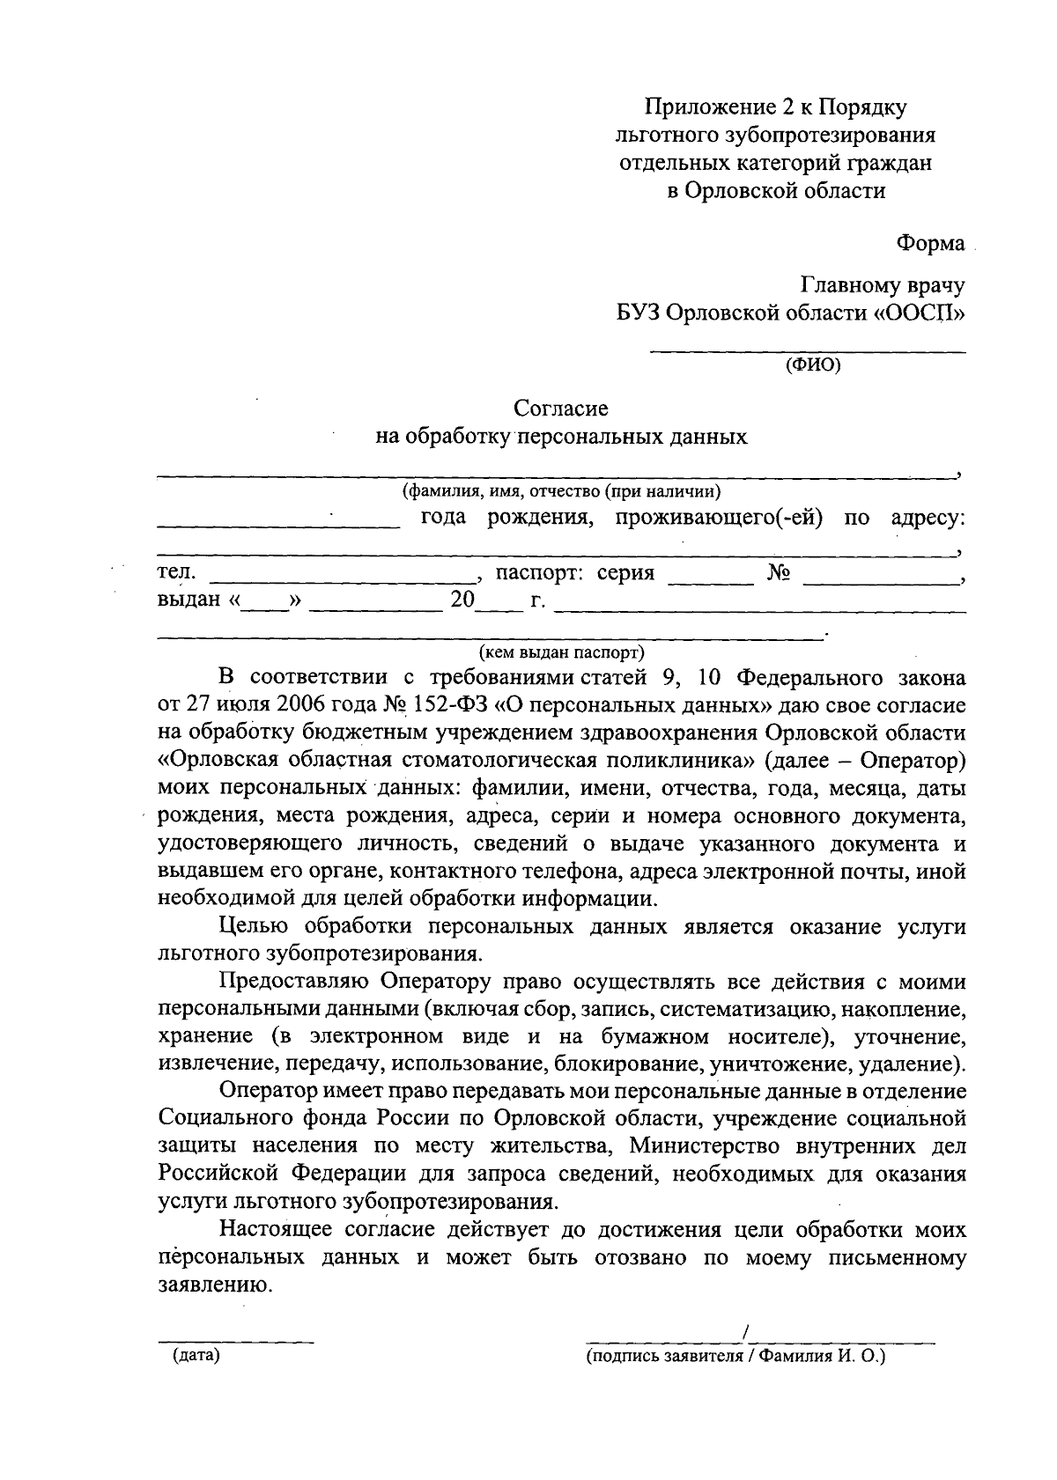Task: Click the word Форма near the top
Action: (930, 243)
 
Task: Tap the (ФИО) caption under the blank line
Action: (812, 364)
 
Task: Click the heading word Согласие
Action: (561, 409)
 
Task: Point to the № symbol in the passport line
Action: (778, 573)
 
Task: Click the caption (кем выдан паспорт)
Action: (562, 652)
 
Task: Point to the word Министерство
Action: (695, 1146)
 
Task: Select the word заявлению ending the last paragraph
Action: (211, 1285)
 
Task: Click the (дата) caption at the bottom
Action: (196, 1356)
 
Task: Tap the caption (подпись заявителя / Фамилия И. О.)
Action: (735, 1357)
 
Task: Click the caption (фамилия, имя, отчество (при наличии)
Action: (562, 491)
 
